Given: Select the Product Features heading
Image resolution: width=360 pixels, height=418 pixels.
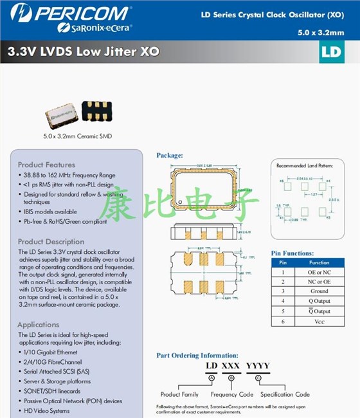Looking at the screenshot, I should point(46,165).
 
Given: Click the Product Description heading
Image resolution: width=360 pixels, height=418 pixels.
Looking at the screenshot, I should point(51,242).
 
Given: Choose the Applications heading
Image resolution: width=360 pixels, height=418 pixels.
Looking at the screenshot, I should point(39,325).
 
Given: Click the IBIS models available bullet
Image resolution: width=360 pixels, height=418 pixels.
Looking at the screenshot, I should point(50,211).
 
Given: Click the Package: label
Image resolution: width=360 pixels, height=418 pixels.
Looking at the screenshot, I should point(170,155).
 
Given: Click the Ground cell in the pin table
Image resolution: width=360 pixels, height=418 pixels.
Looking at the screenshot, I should point(319,291).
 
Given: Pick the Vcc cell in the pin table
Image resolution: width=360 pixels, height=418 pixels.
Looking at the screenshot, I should point(319,320).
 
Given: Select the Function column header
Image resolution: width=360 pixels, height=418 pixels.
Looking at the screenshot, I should point(319,262).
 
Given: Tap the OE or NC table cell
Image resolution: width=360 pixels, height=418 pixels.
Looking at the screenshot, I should point(319,272).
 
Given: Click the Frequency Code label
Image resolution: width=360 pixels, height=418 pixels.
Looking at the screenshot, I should point(232,394).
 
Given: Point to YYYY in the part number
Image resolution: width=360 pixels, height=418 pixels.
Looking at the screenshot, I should point(258,366).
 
